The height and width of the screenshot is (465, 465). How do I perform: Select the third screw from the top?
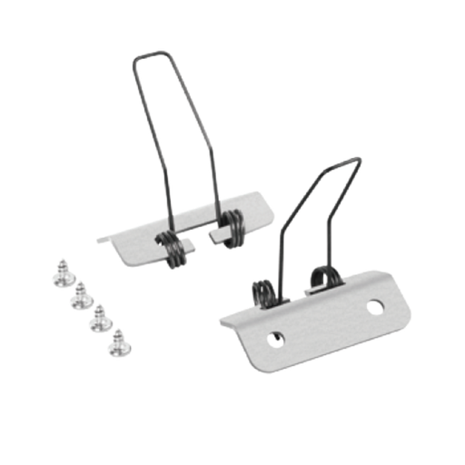[97, 319]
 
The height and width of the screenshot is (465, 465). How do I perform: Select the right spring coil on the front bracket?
[320, 277]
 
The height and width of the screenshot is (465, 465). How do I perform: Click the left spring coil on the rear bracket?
[171, 249]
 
